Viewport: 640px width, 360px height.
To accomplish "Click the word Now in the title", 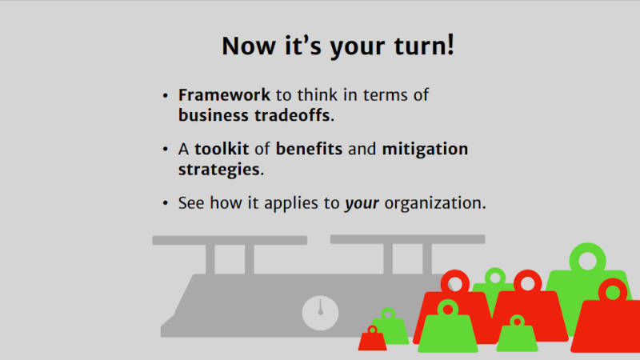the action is pos(249,46).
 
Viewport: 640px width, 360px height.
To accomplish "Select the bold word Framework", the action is pos(224,95).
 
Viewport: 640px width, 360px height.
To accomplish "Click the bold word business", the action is pos(214,115).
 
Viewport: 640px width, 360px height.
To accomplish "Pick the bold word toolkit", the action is pos(222,149).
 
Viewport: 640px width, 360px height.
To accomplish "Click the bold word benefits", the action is pos(309,149).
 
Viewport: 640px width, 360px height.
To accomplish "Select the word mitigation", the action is pos(425,150).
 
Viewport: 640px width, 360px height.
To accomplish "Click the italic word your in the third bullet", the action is pos(362,204).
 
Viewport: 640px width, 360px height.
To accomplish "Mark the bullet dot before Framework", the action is pos(165,96).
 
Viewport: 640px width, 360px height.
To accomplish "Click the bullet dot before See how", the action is pos(165,203).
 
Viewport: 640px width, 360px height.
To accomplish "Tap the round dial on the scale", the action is pos(321,313).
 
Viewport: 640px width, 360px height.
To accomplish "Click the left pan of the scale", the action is pos(230,241).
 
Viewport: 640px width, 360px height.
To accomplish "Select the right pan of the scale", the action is pos(407,239).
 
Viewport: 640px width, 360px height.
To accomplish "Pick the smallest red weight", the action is pos(372,339).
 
